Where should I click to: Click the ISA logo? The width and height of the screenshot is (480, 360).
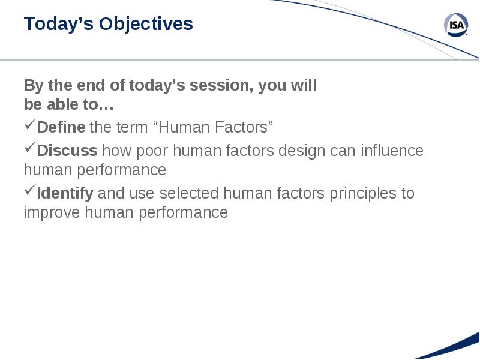click(456, 25)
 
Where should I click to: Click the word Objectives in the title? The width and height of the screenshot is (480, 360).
click(146, 24)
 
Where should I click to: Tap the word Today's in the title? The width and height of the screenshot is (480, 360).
click(58, 25)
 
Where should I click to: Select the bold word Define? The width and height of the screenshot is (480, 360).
click(61, 127)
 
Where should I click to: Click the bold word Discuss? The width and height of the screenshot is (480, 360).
click(67, 151)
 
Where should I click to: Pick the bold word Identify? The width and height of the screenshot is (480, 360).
click(65, 193)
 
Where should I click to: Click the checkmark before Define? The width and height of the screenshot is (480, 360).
click(30, 124)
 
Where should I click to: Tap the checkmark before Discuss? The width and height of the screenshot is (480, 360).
click(30, 148)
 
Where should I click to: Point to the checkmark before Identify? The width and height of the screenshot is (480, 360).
click(30, 190)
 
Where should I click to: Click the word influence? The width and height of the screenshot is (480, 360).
click(392, 151)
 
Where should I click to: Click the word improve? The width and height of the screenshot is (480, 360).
click(52, 213)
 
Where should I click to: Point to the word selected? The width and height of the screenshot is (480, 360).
click(189, 193)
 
